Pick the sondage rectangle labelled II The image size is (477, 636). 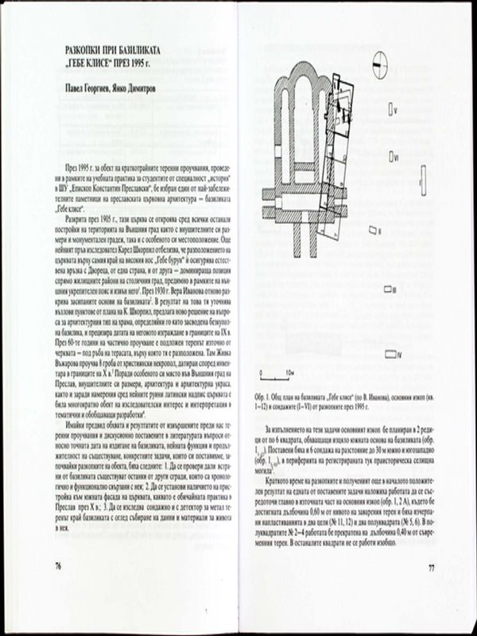[x=371, y=231]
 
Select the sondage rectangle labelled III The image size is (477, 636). [x=386, y=290]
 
